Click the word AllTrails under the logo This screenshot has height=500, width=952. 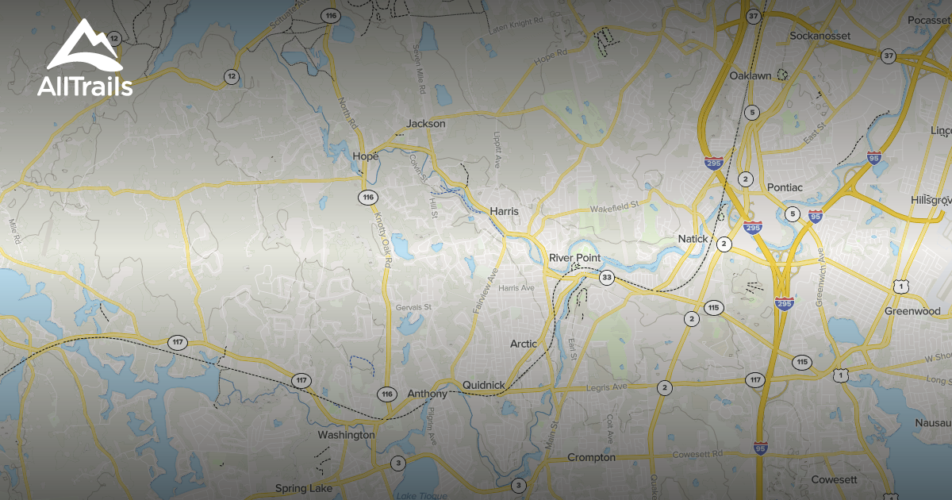tap(85, 86)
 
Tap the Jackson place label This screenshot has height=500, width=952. tap(426, 124)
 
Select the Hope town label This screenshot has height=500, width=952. tap(366, 157)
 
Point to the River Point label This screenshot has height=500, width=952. tap(575, 259)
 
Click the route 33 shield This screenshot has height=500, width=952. tap(607, 277)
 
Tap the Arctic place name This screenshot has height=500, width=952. tap(524, 344)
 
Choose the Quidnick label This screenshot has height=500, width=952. tap(484, 386)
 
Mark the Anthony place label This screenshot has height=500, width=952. tap(428, 394)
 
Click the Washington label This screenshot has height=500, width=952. tap(346, 435)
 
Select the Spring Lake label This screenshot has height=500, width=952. tap(304, 487)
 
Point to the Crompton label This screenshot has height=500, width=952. tap(591, 458)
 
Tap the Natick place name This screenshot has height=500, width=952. tap(693, 239)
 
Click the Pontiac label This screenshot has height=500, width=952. tap(785, 187)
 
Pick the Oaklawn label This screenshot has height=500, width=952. tap(750, 75)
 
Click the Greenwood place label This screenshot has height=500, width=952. tap(912, 311)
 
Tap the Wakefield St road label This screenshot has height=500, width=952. tap(614, 207)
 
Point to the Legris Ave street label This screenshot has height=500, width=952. tap(605, 387)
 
